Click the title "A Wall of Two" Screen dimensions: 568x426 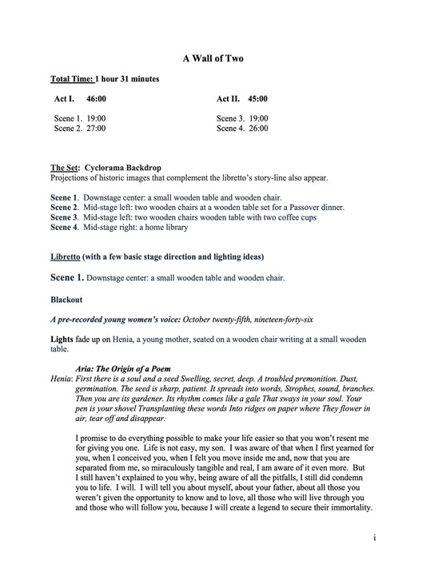pyautogui.click(x=213, y=58)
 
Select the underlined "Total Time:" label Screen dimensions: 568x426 pyautogui.click(x=72, y=79)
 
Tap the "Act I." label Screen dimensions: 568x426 pyautogui.click(x=64, y=99)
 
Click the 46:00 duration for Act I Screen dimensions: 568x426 pyautogui.click(x=96, y=99)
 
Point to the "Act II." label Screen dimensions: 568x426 pyautogui.click(x=229, y=99)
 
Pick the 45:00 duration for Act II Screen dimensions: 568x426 pyautogui.click(x=257, y=99)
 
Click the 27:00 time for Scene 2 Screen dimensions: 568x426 pyautogui.click(x=96, y=128)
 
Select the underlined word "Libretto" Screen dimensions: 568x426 pyautogui.click(x=68, y=256)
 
